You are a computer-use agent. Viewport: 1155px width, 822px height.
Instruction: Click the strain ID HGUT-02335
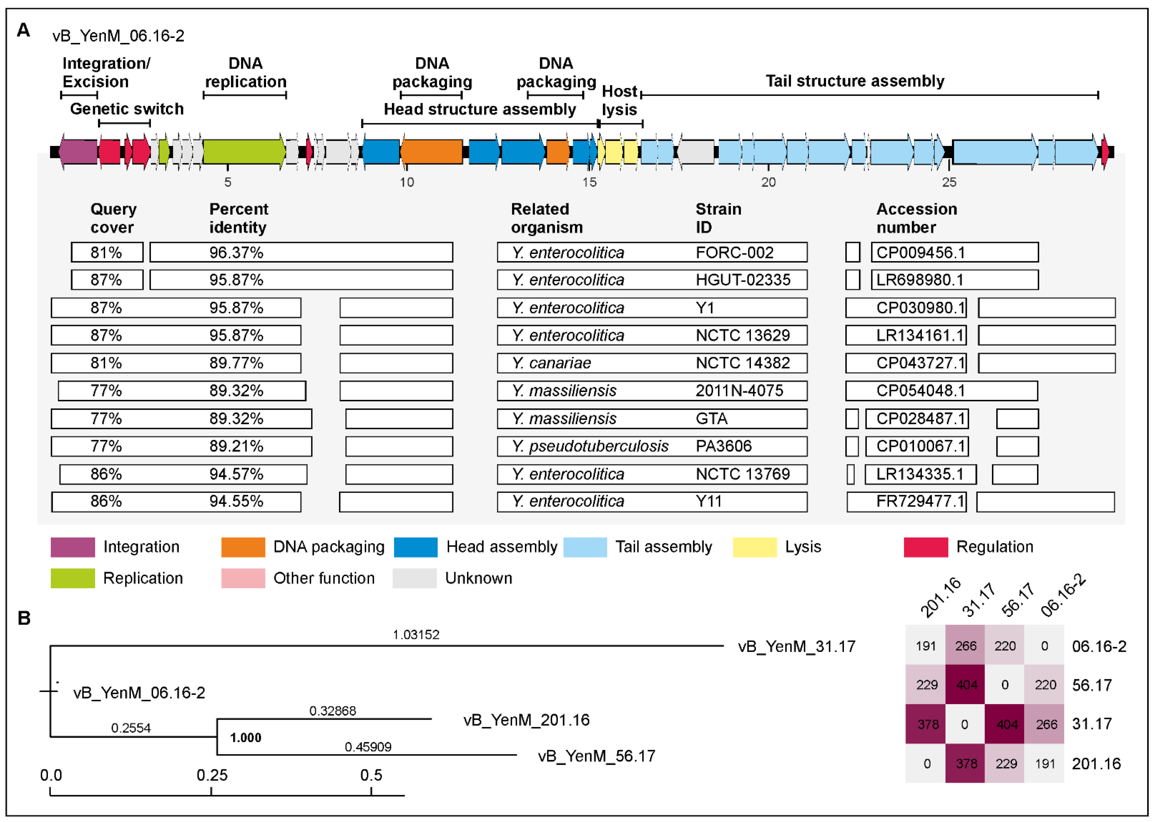coord(743,280)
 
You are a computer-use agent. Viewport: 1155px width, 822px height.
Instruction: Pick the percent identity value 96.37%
coord(236,253)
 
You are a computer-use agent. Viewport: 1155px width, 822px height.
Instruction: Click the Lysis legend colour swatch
coord(754,547)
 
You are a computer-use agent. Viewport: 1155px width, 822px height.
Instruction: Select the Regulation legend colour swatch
coord(925,547)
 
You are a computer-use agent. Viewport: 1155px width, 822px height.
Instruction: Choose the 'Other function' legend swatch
coord(243,578)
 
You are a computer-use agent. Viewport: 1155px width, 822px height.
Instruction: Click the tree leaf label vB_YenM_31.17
coord(796,647)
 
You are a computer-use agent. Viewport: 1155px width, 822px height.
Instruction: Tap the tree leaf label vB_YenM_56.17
coord(596,756)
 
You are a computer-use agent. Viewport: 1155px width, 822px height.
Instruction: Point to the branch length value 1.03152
coord(416,635)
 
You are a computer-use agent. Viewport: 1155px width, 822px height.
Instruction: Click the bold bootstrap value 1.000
coord(246,738)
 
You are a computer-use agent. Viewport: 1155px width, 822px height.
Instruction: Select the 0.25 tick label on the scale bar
coord(212,775)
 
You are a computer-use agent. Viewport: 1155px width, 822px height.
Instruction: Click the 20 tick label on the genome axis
coord(768,182)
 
